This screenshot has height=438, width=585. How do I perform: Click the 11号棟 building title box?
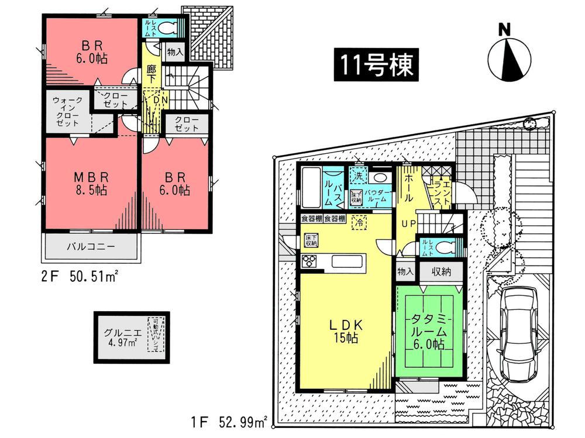(x=374, y=65)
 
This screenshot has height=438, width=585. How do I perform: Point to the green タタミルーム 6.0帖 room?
(x=429, y=331)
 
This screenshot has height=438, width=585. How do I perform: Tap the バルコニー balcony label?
(x=90, y=246)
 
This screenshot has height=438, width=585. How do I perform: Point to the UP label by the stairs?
(x=408, y=223)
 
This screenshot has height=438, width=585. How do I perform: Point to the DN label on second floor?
(x=155, y=101)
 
